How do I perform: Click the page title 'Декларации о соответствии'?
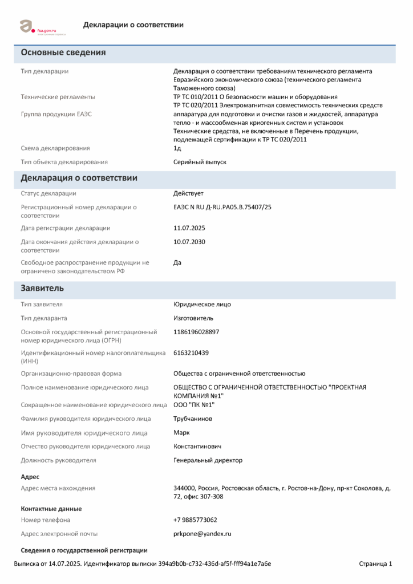coord(133,25)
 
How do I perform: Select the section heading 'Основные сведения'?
coord(63,52)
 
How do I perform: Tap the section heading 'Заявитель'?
coord(42,288)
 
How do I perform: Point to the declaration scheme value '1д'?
coord(177,148)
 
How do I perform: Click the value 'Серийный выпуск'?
coord(200,162)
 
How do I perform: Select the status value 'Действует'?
coord(188,193)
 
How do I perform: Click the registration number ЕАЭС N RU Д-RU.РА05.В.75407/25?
coord(222,207)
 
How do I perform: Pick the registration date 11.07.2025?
coord(189,228)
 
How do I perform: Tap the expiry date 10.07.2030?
coord(189,242)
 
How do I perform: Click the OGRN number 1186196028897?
coord(196,332)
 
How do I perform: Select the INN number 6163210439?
coord(191,352)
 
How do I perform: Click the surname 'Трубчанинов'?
coord(193,419)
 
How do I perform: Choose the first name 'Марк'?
coord(181,432)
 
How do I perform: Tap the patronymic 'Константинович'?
coord(197,446)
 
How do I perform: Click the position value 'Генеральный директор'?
coord(208,460)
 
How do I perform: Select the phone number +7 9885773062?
coord(195,520)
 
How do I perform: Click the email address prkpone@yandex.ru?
coord(202,534)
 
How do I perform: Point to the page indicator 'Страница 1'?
coord(375,564)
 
